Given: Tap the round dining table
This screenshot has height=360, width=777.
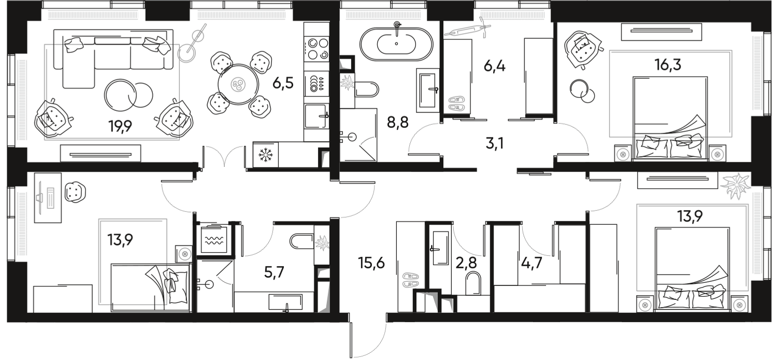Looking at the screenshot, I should point(238,84).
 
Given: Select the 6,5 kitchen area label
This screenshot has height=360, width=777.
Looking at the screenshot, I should point(284,83).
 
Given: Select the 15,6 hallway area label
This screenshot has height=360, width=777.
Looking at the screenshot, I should point(371,263).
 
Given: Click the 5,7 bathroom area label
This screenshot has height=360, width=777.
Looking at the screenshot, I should point(275,271).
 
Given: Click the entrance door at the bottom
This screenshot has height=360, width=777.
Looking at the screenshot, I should point(369,337).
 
